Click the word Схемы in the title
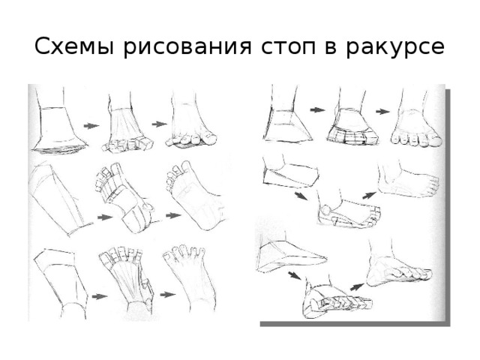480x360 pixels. (71, 48)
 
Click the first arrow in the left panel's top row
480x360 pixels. (91, 126)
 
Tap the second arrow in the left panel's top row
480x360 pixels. (158, 123)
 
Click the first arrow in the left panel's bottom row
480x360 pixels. (98, 296)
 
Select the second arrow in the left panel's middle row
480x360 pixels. (173, 215)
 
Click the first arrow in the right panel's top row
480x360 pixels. (317, 109)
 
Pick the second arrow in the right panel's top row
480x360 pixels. (382, 111)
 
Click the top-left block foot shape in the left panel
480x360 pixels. (56, 127)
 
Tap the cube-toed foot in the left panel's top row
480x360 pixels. (124, 127)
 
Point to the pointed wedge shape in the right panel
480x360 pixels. (289, 255)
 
